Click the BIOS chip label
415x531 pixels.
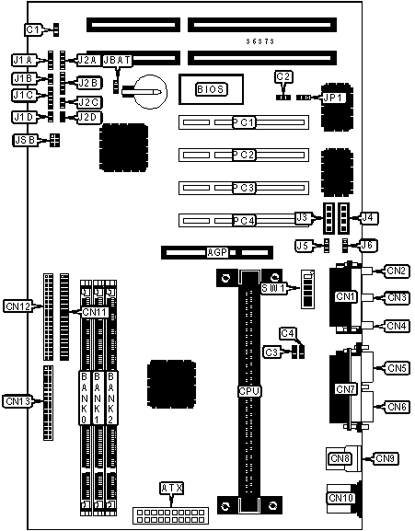point(212,89)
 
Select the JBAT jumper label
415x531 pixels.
point(117,61)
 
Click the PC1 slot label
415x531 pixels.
point(244,122)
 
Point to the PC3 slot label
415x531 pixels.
point(244,188)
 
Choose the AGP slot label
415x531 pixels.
point(217,252)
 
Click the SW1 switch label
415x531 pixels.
point(273,289)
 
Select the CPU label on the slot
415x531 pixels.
point(249,391)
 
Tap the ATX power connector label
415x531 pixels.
point(172,488)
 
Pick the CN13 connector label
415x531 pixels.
point(18,401)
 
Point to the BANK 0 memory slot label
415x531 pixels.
point(85,398)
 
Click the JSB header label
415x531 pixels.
point(26,140)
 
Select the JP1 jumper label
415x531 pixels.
point(333,98)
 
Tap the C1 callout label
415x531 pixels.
point(33,29)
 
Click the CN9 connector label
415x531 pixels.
point(385,458)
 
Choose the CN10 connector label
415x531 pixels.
point(340,498)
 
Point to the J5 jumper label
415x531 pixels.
point(303,246)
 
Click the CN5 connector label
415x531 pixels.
point(397,368)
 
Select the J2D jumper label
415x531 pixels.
point(88,117)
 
